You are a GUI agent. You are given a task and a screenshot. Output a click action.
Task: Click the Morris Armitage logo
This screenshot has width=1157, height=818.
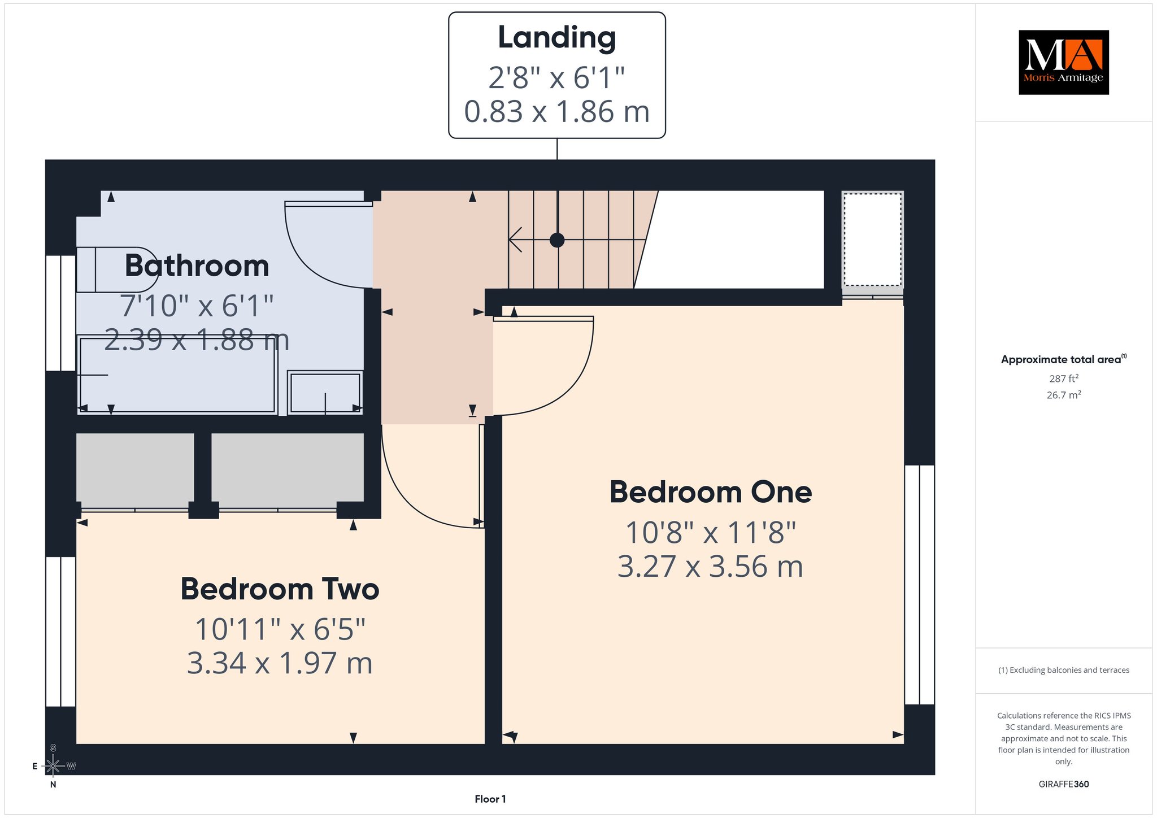[1063, 62]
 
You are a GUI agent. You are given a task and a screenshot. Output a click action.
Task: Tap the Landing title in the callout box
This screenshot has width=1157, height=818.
[556, 37]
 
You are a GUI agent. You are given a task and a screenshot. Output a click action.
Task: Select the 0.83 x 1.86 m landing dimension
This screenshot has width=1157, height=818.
[556, 111]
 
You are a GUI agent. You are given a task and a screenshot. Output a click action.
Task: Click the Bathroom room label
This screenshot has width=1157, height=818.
[197, 266]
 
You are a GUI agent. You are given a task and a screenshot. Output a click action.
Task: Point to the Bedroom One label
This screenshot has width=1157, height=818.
[710, 491]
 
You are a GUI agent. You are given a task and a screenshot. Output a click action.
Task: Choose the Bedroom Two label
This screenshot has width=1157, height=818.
[280, 589]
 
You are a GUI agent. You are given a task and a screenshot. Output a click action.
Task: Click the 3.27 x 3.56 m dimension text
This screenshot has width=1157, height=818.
[710, 566]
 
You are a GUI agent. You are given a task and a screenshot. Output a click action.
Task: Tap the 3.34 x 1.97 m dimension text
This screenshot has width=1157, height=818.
[280, 663]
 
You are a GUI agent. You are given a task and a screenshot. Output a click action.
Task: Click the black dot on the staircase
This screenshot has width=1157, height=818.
[557, 240]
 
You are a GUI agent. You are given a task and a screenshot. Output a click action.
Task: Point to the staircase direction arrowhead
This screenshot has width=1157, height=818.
[515, 240]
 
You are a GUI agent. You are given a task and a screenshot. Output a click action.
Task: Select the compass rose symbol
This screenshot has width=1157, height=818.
[53, 766]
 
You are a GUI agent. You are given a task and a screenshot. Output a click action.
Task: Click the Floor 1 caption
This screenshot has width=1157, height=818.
[490, 799]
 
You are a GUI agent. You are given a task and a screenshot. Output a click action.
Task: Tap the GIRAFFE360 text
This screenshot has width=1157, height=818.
[1063, 784]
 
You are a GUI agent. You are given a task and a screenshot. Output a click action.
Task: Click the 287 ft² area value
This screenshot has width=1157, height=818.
[1063, 378]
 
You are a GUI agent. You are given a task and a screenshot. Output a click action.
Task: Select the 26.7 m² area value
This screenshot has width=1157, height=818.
[1063, 395]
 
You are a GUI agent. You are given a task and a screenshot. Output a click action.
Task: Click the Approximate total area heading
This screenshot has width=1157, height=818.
[1063, 359]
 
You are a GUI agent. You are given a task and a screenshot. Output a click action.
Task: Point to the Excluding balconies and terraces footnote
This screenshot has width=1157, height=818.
[1063, 670]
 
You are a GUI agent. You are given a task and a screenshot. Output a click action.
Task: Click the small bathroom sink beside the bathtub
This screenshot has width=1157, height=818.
[325, 392]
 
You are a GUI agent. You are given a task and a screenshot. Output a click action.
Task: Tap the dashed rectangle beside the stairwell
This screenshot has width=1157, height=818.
[872, 240]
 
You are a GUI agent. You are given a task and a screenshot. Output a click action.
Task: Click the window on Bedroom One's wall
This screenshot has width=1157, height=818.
[919, 585]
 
